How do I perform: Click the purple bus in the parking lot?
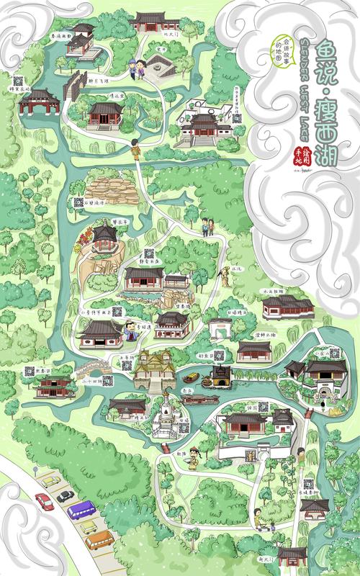(81, 510)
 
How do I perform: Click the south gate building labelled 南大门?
(291, 555)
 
